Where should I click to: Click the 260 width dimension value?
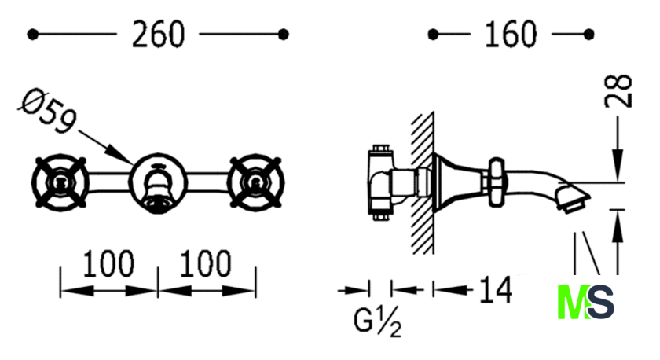pos(158,34)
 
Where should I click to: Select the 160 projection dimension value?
pos(511,34)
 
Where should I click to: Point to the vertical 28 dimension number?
pos(618,91)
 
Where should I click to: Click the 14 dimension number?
pos(496,290)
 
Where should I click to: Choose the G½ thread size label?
pos(378,321)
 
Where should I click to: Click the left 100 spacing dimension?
pos(108,263)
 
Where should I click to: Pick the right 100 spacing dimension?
pos(205,263)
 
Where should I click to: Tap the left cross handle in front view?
pos(60,182)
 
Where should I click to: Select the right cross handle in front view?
pos(255,182)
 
